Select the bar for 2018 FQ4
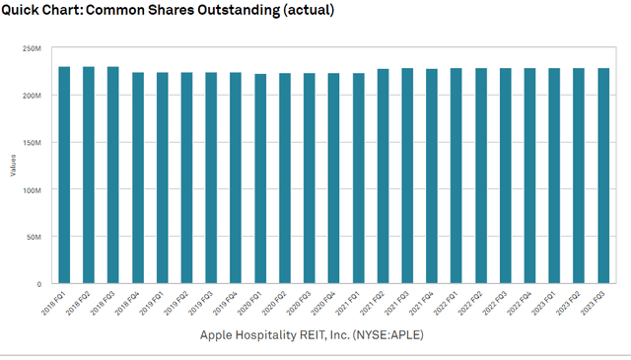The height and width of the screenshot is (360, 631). [138, 178]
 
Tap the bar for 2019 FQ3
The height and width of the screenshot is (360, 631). [211, 178]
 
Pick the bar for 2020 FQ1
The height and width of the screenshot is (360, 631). [260, 179]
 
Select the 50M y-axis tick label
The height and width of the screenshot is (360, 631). [32, 238]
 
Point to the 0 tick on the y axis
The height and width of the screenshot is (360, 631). [37, 285]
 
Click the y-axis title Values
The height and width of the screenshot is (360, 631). [13, 166]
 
